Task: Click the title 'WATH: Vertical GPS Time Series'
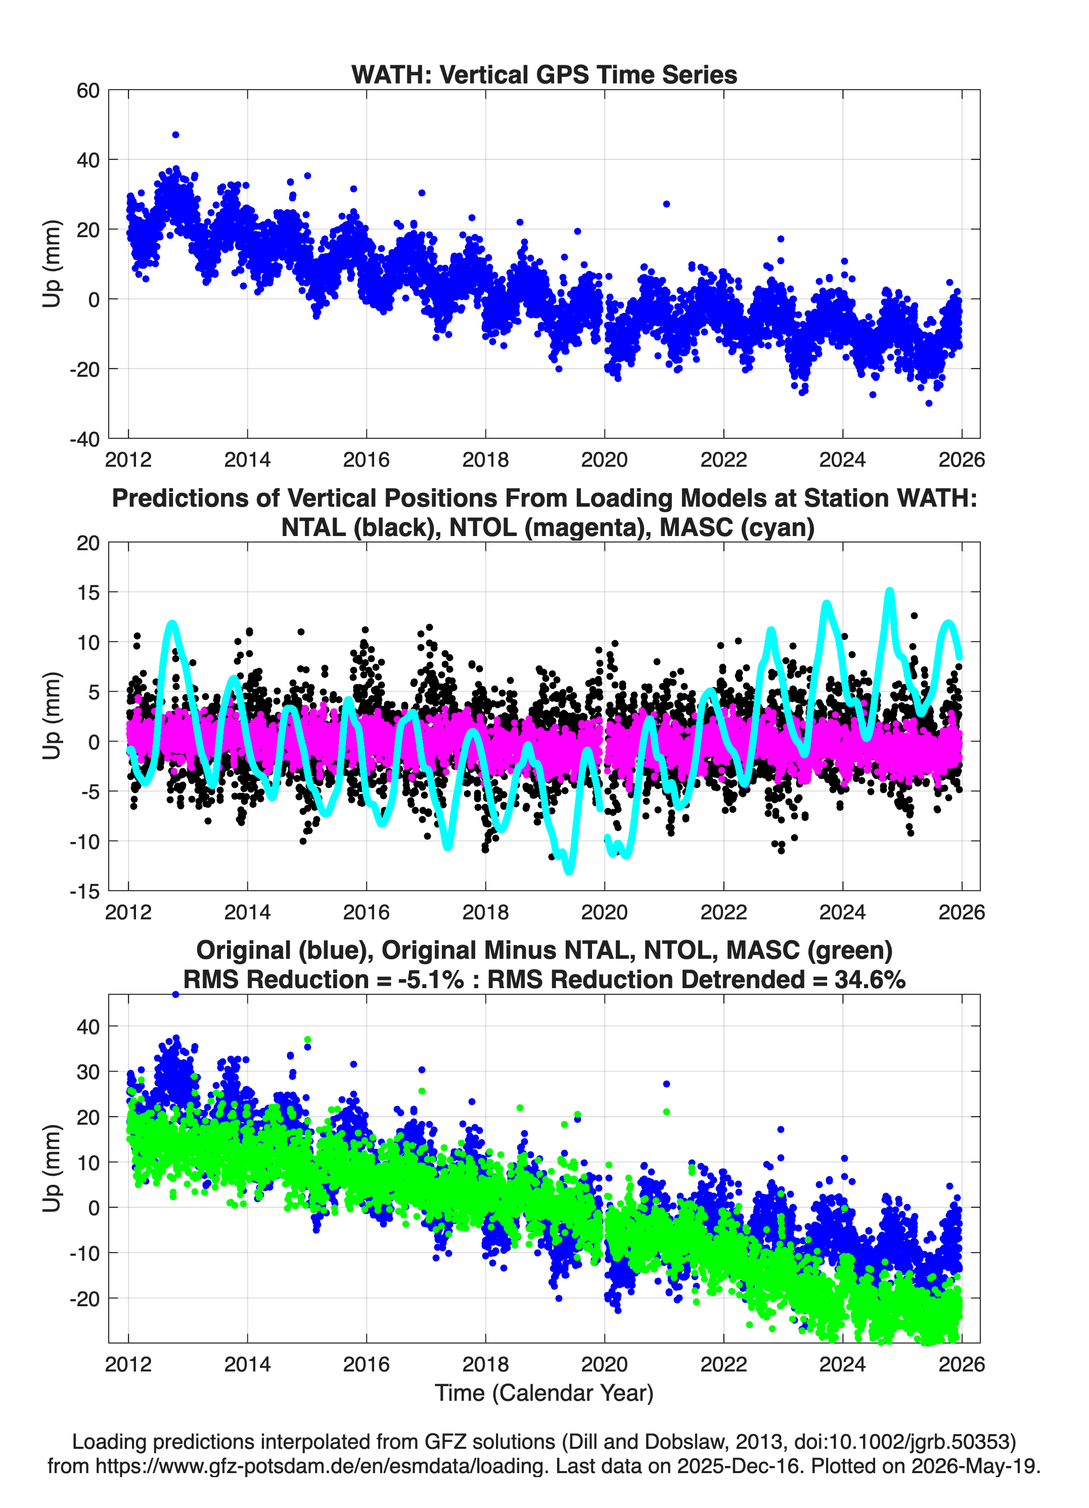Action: coord(544,74)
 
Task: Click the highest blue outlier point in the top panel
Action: coord(175,135)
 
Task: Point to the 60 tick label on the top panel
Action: coord(88,91)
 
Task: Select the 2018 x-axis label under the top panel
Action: coord(485,460)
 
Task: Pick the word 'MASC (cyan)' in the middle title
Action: coord(737,527)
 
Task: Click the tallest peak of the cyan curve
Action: coord(889,591)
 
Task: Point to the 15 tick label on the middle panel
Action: coord(88,592)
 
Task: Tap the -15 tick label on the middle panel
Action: coord(84,891)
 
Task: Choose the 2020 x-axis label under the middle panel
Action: coord(604,912)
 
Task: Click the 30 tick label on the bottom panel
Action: coord(88,1072)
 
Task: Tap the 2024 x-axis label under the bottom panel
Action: coord(842,1364)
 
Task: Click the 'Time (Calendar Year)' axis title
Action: coord(544,1393)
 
